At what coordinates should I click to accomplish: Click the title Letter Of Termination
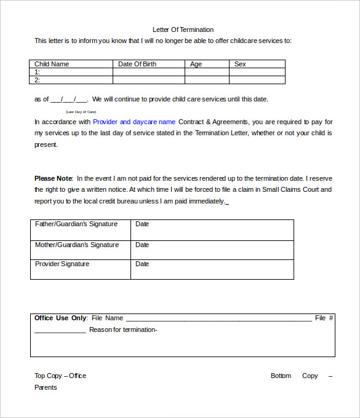pos(183,30)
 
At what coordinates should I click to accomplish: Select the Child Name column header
pos(52,64)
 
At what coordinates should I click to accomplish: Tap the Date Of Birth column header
pos(137,64)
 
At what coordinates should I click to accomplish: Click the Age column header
pos(196,64)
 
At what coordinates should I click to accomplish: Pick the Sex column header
pos(240,64)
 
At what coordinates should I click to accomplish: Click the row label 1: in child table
pos(38,72)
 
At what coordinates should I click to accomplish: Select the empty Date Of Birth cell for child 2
pos(148,80)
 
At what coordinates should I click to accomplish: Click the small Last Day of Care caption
pos(81,112)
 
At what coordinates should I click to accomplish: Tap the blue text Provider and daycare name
pos(134,122)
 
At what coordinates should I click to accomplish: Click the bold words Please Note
pos(54,178)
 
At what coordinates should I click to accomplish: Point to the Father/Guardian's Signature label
pos(76,224)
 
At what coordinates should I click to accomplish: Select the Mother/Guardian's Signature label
pos(77,245)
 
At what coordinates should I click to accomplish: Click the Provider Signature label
pos(62,264)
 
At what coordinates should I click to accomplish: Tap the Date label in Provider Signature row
pos(142,264)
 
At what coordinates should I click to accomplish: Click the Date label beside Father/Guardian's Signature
pos(142,224)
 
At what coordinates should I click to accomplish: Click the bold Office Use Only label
pos(60,318)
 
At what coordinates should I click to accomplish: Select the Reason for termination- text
pos(123,329)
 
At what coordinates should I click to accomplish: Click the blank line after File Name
pos(218,319)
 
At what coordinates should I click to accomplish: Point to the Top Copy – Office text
pos(60,376)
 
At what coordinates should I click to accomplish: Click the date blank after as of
pos(69,100)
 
